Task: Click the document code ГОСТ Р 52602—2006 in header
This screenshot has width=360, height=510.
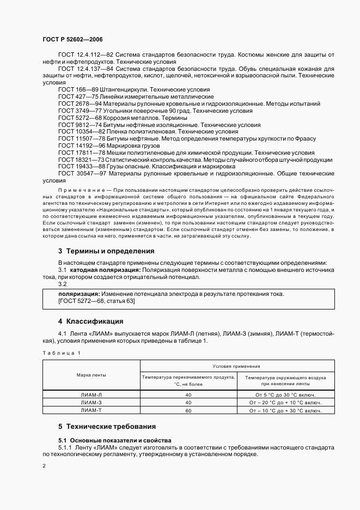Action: click(x=72, y=40)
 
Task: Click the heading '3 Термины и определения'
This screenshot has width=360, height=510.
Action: click(x=106, y=251)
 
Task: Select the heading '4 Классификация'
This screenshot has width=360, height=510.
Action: click(x=90, y=321)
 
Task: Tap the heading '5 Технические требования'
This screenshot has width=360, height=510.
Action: click(x=107, y=426)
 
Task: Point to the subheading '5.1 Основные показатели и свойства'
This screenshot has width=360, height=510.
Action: click(x=114, y=440)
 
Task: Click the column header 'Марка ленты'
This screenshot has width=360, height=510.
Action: click(x=91, y=375)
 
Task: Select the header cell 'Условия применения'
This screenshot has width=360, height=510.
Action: click(x=236, y=367)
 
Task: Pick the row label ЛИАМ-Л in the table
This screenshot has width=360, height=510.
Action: click(x=91, y=395)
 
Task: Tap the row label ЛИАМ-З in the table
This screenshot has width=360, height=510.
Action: click(x=91, y=403)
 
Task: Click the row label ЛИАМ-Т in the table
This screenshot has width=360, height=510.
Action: click(x=91, y=410)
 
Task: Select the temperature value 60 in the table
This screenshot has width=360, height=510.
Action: click(x=188, y=410)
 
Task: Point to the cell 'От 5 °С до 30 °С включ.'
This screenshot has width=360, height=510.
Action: click(x=285, y=395)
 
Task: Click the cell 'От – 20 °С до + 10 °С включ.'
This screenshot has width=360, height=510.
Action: click(x=285, y=403)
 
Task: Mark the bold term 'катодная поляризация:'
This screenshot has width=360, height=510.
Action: click(x=103, y=270)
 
